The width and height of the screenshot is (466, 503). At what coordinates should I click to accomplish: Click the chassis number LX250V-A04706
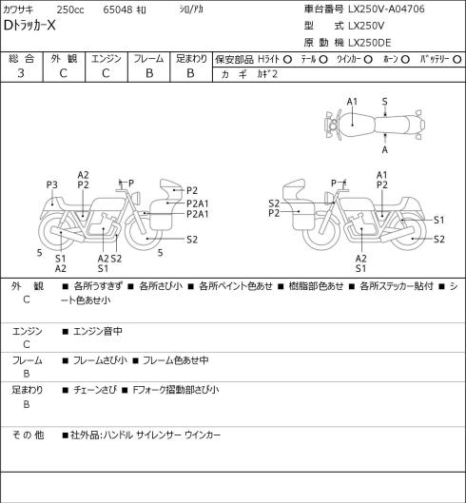coord(386,9)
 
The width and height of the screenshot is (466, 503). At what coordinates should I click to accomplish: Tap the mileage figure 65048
coord(118,10)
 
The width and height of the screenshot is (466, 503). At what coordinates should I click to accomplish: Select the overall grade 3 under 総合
coord(21,73)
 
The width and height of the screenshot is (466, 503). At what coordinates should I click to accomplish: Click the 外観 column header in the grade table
coord(64,59)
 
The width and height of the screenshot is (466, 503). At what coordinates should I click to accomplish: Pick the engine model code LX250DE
coord(370,43)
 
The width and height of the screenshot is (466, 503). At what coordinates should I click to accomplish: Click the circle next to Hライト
coord(287,59)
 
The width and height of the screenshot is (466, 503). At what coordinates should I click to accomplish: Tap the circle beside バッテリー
coord(457,59)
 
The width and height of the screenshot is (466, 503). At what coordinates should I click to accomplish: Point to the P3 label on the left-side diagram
coord(51,184)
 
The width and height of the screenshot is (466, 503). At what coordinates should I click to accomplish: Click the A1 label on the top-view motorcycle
coord(352,102)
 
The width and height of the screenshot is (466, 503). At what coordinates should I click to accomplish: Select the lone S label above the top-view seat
coord(385,102)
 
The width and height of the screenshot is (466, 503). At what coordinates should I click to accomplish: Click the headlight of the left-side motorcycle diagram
coord(138,197)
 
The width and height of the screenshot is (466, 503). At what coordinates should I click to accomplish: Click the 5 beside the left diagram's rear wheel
coord(39,253)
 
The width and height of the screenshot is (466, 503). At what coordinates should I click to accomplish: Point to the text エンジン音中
coord(98,331)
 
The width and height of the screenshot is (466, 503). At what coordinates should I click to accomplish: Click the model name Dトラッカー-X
coord(29,26)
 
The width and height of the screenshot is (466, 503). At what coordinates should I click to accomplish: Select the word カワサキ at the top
coord(18,10)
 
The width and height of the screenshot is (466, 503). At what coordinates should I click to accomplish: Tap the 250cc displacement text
coord(70,10)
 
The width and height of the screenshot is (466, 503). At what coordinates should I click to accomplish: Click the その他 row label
coord(28,435)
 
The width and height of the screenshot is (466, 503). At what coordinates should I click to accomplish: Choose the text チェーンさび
coord(95,390)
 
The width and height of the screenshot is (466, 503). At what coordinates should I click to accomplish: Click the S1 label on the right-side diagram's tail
coord(438,220)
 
